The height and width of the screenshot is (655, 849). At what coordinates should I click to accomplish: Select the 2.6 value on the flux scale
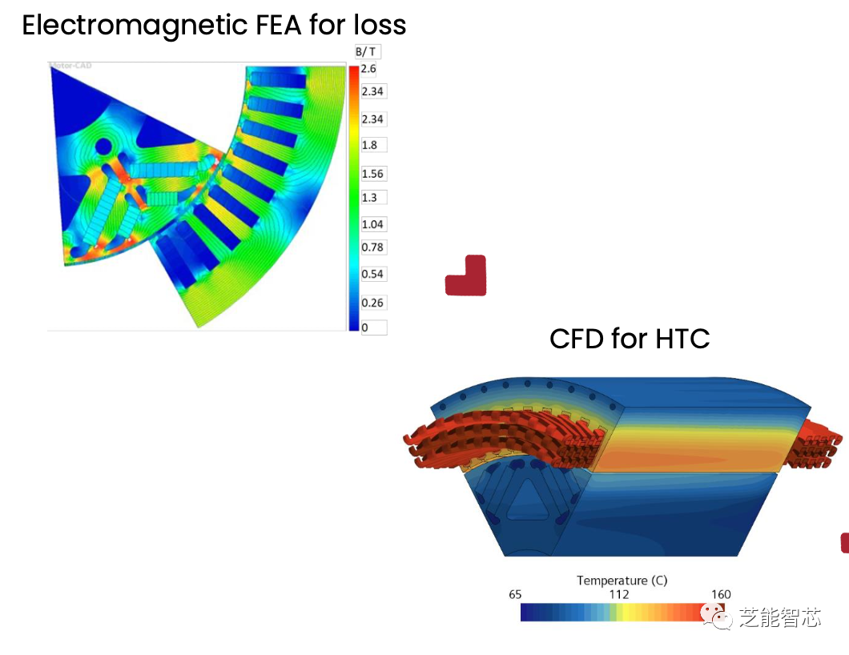tap(368, 70)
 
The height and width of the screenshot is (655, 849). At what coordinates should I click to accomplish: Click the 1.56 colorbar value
tap(372, 174)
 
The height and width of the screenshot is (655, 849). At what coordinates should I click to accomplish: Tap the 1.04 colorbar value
tap(372, 224)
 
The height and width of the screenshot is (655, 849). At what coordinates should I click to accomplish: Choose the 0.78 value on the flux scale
tap(372, 247)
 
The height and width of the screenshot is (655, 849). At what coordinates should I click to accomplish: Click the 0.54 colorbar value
tap(372, 274)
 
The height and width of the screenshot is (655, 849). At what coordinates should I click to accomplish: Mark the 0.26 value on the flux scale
tap(372, 303)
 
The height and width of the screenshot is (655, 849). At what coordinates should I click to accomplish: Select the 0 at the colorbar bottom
tap(366, 327)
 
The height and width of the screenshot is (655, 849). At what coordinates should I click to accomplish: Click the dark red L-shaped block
tap(466, 276)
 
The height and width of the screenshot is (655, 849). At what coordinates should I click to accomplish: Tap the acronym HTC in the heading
tap(682, 339)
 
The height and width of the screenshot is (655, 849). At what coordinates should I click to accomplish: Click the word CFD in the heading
tap(577, 339)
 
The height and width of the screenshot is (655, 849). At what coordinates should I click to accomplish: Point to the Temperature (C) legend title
tap(622, 581)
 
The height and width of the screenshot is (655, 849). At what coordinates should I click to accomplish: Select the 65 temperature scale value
tap(515, 595)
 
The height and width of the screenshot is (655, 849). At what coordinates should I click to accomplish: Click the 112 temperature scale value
tap(619, 595)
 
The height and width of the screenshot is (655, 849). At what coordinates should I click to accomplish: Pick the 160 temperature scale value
tap(721, 595)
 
